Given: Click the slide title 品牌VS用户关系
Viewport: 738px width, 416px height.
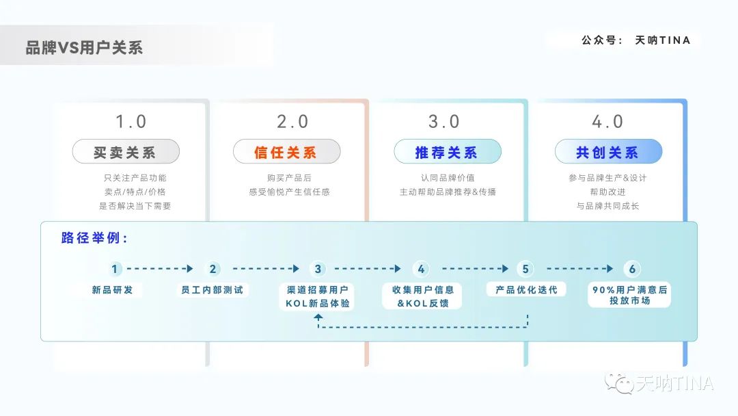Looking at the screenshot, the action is pos(84,48).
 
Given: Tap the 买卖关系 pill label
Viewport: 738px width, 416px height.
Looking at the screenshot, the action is pos(126,152).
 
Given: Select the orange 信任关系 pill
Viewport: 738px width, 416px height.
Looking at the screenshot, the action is pos(286,152).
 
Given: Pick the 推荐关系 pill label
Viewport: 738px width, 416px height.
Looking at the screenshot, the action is pos(448,152).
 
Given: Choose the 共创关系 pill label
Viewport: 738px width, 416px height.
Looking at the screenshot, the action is pos(609,152).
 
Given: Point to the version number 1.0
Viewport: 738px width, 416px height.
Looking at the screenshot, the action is pos(131,122).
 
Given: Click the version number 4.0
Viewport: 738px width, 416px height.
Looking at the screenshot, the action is pos(607,122).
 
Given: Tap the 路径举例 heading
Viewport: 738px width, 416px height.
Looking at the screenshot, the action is pos(94,238).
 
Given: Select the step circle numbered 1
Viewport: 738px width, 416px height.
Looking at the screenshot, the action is pos(114,269).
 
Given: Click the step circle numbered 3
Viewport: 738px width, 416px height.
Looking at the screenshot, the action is pos(318,269).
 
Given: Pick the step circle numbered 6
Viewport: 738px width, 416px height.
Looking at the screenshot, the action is pos(632,269).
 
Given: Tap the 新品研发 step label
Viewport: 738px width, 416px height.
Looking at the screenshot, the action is pos(113,289).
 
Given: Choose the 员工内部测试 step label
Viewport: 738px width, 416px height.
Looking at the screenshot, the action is pos(213,289).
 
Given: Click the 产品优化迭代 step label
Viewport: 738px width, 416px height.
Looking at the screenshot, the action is pos(526,289).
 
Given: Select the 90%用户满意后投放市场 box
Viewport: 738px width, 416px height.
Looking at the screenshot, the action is pos(630,295).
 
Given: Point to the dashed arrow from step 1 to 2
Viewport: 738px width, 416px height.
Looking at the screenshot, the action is pos(160,268).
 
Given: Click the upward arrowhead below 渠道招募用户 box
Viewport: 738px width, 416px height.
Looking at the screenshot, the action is pos(318,317).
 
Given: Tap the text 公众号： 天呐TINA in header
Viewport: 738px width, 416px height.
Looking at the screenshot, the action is pos(636,40).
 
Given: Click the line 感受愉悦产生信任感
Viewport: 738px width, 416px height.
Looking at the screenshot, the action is pos(290,192).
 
